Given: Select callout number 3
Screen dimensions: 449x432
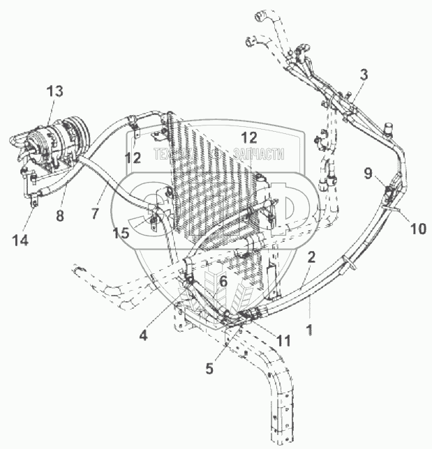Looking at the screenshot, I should [364, 75].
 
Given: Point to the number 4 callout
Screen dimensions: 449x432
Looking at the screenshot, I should [142, 335].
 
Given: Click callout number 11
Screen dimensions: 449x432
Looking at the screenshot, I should [283, 341].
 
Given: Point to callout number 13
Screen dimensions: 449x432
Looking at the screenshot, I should [54, 91].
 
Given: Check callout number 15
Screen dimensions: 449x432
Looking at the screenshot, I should [121, 234].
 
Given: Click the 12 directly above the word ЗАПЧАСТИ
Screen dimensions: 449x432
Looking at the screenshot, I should [248, 137].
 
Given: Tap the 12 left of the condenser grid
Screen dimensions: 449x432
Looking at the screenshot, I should [133, 158].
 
